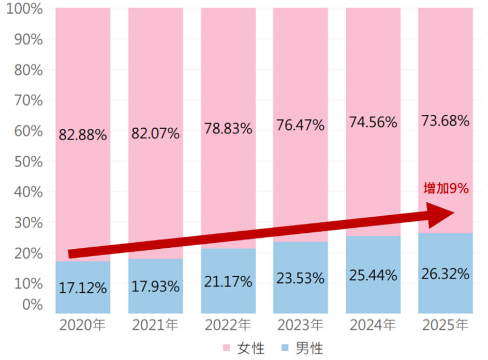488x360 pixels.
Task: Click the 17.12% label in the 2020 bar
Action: (x=83, y=288)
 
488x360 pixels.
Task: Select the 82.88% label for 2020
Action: (x=83, y=136)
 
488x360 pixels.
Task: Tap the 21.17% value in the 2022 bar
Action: (x=228, y=282)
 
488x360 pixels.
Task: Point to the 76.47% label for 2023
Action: (x=300, y=125)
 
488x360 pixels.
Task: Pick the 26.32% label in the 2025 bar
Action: (x=445, y=273)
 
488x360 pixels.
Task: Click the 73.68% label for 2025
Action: (x=445, y=121)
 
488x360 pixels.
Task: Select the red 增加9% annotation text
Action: (x=446, y=189)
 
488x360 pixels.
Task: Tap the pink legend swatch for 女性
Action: (x=226, y=347)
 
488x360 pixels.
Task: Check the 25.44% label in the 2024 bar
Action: (x=373, y=275)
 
